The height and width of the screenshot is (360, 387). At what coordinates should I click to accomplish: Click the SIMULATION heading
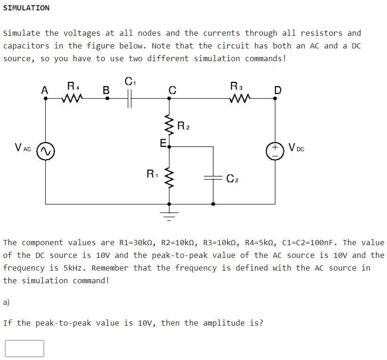(x=26, y=8)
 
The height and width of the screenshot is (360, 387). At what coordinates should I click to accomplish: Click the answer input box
(x=24, y=348)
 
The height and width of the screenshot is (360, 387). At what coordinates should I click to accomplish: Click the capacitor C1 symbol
(x=130, y=98)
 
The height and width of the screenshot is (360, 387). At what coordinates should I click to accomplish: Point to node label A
(x=45, y=89)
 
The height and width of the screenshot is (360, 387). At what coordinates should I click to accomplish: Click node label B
(x=106, y=89)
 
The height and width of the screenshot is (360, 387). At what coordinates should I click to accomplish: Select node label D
(x=277, y=89)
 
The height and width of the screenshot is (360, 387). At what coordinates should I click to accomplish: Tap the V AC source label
(x=23, y=148)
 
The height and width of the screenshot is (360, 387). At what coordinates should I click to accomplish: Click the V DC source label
(x=297, y=148)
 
